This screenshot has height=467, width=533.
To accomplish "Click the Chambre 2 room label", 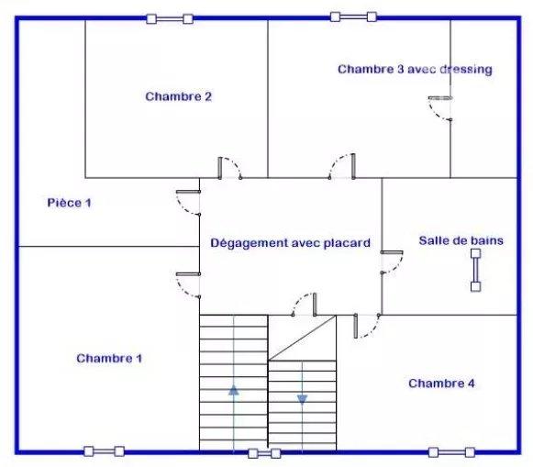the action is (179, 96).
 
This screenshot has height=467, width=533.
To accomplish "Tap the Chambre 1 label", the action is (109, 358).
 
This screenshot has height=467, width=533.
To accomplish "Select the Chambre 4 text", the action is (441, 384).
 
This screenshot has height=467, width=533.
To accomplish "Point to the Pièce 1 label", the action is (70, 203).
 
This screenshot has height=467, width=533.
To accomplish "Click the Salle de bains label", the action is (461, 240).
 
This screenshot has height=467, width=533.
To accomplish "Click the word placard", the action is (347, 243).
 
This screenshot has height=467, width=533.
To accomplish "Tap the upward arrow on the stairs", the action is (234, 390).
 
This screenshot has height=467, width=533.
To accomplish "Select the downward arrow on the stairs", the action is (302, 399).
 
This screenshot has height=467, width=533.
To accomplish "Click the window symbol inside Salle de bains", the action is (476, 271).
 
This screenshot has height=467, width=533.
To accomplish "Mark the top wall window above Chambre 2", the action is (170, 18).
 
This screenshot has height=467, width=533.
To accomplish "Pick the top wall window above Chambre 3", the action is (353, 17).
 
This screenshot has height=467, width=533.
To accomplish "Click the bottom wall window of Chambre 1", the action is (104, 451).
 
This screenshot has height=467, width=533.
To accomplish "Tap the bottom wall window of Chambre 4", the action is (451, 452).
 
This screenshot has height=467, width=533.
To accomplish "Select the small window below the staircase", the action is (264, 453).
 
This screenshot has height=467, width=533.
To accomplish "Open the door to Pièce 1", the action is (188, 203).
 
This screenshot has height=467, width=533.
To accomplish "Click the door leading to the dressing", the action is (440, 108).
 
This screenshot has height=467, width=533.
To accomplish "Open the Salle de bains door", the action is (392, 262).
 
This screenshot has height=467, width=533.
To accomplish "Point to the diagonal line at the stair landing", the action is (302, 338).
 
